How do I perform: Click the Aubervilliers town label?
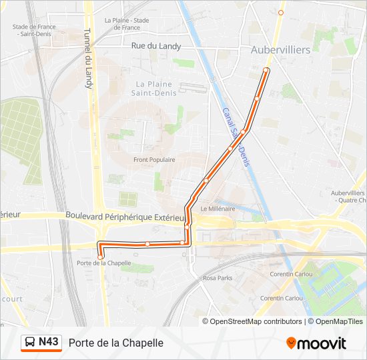tap(280, 50)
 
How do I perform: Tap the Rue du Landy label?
tap(156, 46)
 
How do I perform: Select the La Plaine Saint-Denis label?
tap(153, 89)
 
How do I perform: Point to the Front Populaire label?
tap(154, 160)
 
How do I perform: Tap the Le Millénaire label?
tap(218, 208)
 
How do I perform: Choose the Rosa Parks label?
tap(218, 277)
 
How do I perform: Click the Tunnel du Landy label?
tap(87, 59)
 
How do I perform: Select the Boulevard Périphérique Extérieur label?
tap(125, 216)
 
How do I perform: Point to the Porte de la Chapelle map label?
tap(104, 263)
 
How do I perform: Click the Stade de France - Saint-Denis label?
tap(33, 31)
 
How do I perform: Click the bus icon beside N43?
tap(30, 343)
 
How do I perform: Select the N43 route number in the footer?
tap(49, 343)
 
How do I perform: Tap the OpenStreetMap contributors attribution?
tap(252, 321)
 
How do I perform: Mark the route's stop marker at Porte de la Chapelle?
tap(101, 257)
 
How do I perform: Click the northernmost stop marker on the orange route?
tap(266, 70)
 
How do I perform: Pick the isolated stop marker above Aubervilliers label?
tap(281, 13)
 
